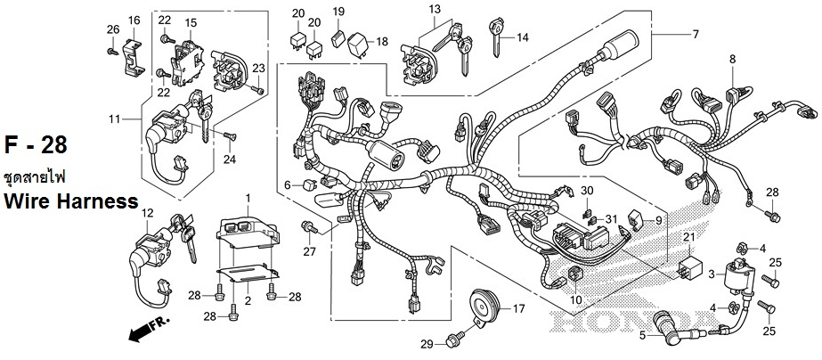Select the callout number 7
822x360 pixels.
click(x=696, y=35)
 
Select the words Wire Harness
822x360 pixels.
click(x=70, y=202)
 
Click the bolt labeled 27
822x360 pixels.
click(x=309, y=228)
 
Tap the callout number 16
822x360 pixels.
click(x=134, y=20)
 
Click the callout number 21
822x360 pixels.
click(x=688, y=235)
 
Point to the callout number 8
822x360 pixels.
click(x=732, y=60)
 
